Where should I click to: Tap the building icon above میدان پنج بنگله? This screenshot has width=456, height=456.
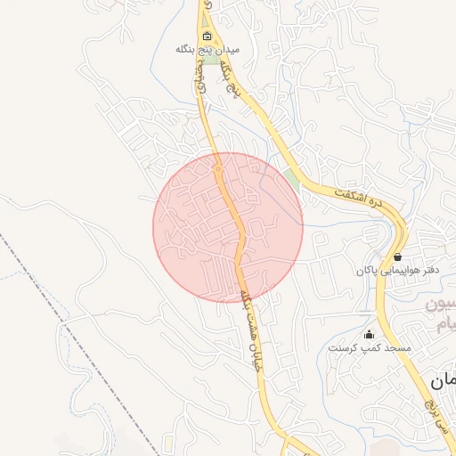tap(207, 37)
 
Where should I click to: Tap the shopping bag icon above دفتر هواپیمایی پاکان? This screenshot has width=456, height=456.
tap(397, 256)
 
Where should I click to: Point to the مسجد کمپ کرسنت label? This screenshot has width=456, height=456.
tap(370, 347)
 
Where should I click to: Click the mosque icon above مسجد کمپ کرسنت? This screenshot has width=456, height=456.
tap(370, 335)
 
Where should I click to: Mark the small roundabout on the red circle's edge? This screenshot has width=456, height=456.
tap(217, 167)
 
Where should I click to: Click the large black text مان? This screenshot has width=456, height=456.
tap(442, 381)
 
